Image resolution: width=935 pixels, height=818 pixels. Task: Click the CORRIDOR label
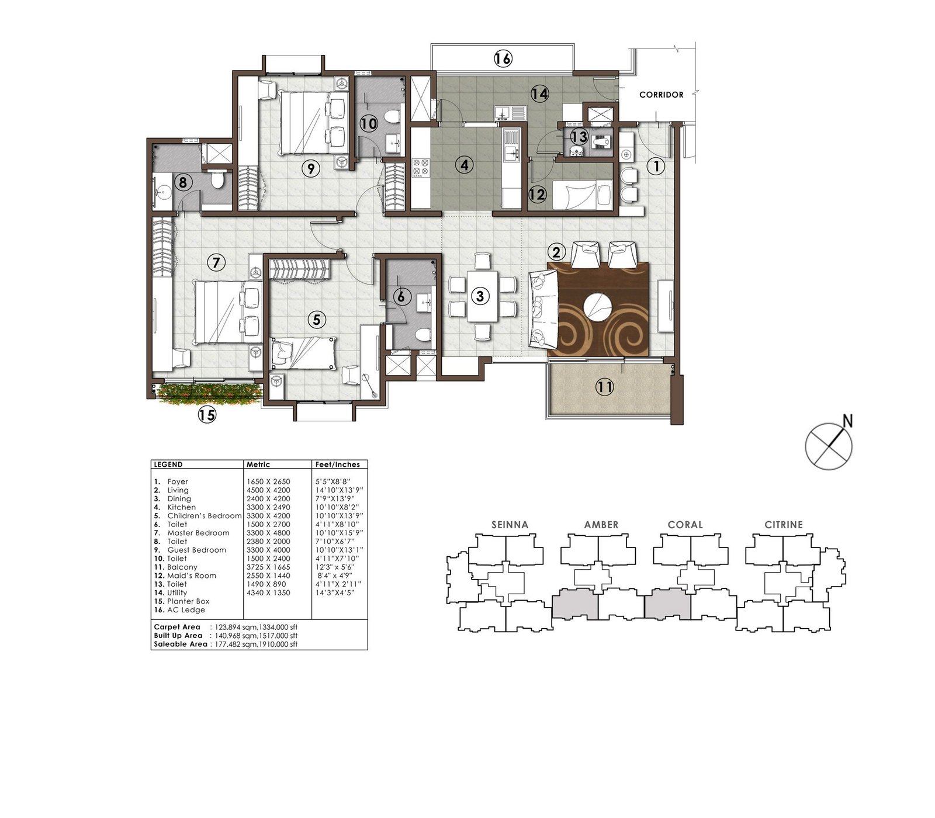pos(661,95)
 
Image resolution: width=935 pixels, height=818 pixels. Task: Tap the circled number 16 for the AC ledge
pos(503,58)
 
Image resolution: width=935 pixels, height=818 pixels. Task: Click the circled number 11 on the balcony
pos(605,387)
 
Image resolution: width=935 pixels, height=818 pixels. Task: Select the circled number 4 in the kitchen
pos(464,165)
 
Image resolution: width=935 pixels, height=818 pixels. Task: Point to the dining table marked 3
pos(482,296)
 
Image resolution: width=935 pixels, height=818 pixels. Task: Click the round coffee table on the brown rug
pos(598,305)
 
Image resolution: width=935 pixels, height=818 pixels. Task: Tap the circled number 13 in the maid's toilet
pos(579,138)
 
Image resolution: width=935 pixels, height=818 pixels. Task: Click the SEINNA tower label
pos(510,525)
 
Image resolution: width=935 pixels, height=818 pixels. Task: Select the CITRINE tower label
pos(784,525)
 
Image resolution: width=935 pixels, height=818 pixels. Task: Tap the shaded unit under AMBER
pos(576,604)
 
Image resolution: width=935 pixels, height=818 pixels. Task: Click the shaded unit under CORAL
pos(668,604)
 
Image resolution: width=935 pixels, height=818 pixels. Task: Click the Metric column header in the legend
pos(258,465)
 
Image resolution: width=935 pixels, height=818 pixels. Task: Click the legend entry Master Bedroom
pos(198,533)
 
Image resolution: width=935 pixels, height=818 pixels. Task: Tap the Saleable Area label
pos(180,644)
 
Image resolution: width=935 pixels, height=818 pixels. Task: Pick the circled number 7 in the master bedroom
pos(216,263)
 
